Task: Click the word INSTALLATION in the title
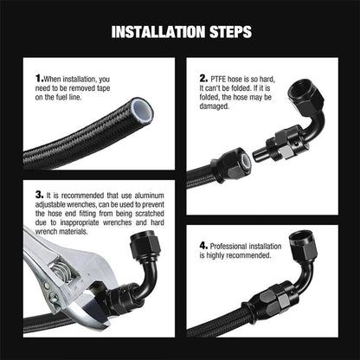point(158,32)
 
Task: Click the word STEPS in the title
point(230,32)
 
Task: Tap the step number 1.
point(39,79)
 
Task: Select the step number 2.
point(203,79)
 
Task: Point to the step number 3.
point(39,195)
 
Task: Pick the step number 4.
point(203,246)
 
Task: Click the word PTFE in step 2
point(218,79)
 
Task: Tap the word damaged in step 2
point(214,106)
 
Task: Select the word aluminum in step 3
point(149,196)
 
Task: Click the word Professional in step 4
point(228,247)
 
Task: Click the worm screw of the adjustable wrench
point(61,270)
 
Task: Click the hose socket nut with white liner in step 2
point(231,164)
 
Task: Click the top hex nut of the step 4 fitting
point(303,245)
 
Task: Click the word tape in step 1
point(103,88)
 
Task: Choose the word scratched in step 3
point(150,214)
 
